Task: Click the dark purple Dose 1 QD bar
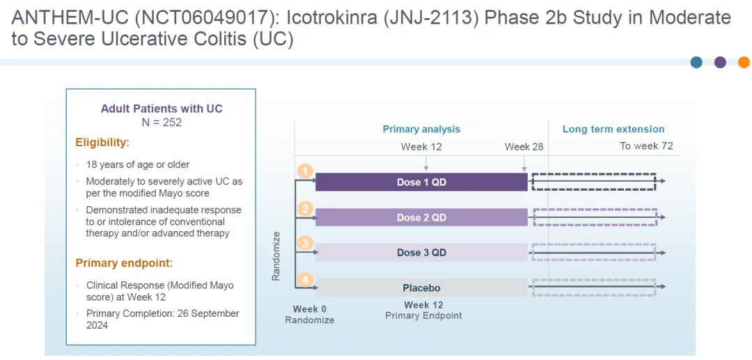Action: [421, 182]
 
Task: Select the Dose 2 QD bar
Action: [421, 217]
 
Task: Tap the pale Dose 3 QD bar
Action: [421, 252]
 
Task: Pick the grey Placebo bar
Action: [421, 288]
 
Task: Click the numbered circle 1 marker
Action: [304, 171]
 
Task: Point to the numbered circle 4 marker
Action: [304, 279]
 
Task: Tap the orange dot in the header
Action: [743, 62]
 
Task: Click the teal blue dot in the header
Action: [696, 62]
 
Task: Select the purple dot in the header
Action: [720, 62]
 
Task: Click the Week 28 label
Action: [524, 147]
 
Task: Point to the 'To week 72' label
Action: [646, 146]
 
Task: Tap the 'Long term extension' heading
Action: [613, 129]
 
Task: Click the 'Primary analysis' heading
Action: [421, 129]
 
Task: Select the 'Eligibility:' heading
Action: [102, 143]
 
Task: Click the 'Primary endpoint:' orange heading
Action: [124, 263]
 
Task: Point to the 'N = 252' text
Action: [162, 123]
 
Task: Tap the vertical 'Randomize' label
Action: [276, 256]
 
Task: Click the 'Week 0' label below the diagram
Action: [309, 308]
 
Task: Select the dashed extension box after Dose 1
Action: [594, 181]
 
